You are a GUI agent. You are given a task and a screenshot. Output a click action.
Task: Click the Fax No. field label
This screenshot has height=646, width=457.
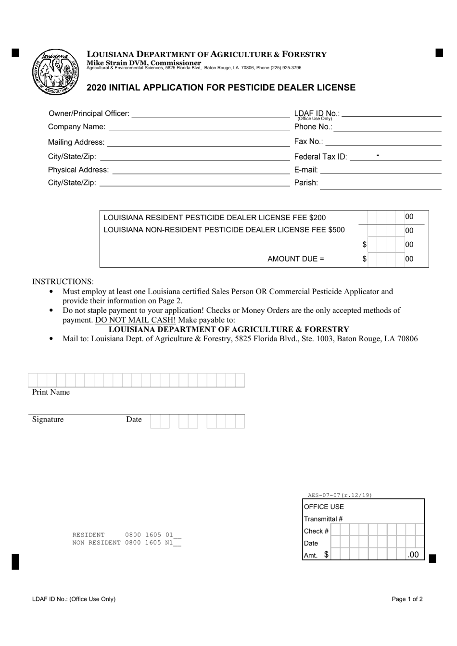[x=308, y=142]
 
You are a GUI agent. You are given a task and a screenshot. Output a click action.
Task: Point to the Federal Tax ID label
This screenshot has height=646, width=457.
[x=320, y=157]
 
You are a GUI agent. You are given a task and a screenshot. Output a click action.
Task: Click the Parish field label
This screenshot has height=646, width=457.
[x=306, y=183]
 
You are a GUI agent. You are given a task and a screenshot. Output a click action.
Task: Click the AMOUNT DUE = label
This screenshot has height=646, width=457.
[x=296, y=259]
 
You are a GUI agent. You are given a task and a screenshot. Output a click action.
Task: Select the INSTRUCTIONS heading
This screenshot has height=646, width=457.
[x=63, y=282]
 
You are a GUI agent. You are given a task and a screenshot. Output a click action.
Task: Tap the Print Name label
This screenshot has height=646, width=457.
[x=51, y=392]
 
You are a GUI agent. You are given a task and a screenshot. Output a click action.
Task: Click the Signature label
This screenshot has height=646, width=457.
[x=48, y=420]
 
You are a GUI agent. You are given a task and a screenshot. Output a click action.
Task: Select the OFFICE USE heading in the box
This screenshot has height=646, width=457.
[x=324, y=507]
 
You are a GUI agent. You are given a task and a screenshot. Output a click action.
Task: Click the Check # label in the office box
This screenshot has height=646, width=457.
[x=316, y=531]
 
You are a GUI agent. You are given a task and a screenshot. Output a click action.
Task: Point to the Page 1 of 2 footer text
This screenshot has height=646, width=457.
[x=407, y=599]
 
